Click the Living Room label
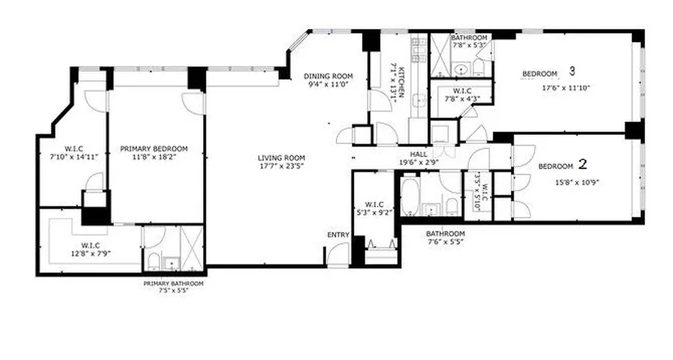tap(281, 158)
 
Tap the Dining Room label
tap(328, 76)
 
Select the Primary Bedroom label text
tap(154, 149)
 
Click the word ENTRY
tap(338, 235)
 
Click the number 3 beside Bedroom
tap(572, 71)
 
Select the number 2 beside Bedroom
tap(583, 165)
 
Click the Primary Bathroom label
tap(173, 284)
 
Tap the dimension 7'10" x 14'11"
tap(74, 157)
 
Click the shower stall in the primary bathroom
tap(192, 248)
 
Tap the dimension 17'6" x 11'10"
tap(565, 88)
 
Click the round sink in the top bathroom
tap(460, 69)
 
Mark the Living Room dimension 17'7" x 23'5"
tap(281, 166)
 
